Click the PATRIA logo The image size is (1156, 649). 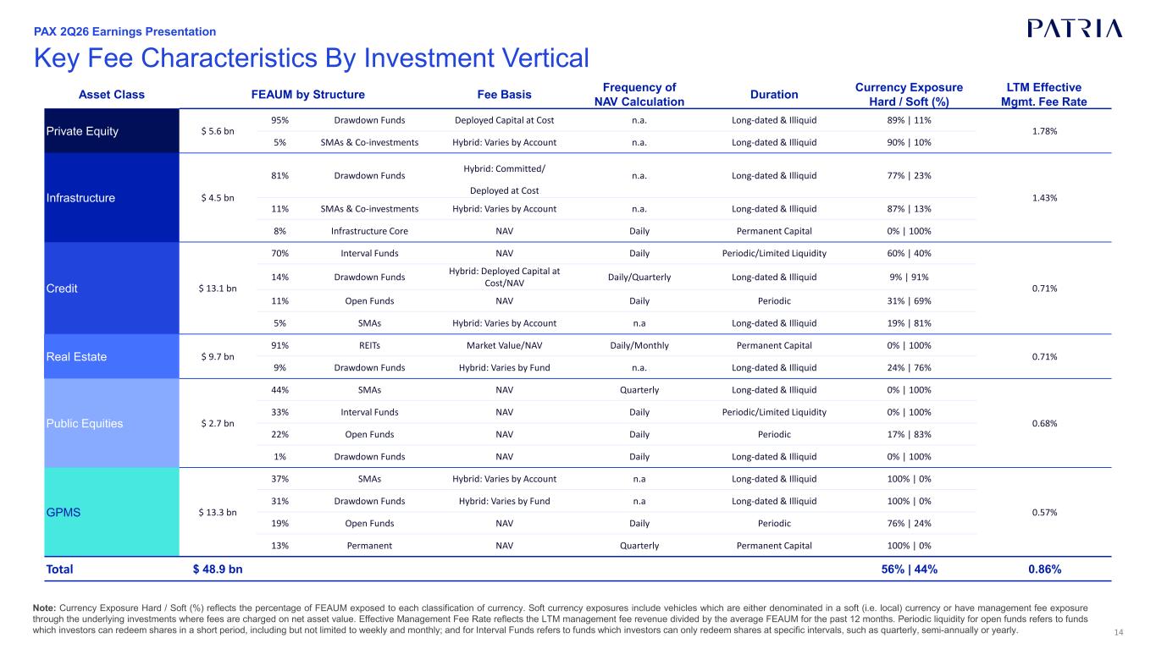coord(1075,29)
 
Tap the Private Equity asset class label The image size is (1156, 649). coord(82,131)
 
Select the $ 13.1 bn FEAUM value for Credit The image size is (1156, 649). coord(218,289)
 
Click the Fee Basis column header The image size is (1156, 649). coord(504,94)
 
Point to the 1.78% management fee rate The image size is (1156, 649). coord(1044,131)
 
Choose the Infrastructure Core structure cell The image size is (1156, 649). coord(369,231)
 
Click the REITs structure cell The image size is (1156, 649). coord(369,345)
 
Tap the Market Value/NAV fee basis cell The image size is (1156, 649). coord(504,345)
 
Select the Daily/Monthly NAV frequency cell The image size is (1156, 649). coord(639,345)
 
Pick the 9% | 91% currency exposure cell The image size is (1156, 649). coord(909,277)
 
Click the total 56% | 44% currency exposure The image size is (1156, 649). coord(910,569)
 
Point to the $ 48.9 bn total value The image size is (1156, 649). coord(218,569)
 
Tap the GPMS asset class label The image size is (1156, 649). coord(64,513)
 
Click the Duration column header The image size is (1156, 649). coord(774,94)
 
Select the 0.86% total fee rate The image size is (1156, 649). coord(1044,569)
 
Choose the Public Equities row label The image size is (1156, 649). coord(85,423)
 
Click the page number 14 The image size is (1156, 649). coord(1119,632)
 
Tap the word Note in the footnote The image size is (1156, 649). coord(45,608)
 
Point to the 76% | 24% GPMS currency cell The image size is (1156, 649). coord(909,523)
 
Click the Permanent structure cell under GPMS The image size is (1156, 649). coord(369,546)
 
